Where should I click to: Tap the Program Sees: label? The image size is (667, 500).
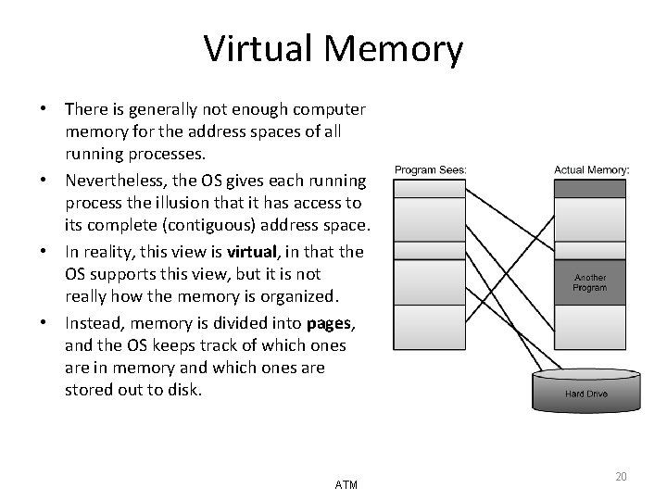coord(431,169)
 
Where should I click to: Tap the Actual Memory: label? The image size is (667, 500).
coord(592,169)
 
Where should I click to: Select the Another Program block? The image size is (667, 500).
coord(590,281)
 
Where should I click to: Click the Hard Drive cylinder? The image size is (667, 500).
coord(587,391)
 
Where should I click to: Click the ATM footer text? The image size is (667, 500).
coord(346,484)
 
